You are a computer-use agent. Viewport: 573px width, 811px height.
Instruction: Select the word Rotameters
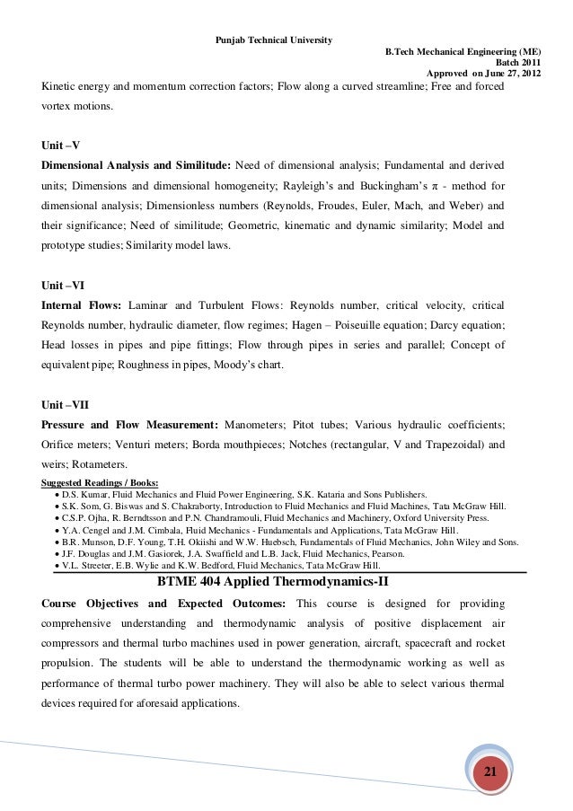[x=99, y=464]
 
